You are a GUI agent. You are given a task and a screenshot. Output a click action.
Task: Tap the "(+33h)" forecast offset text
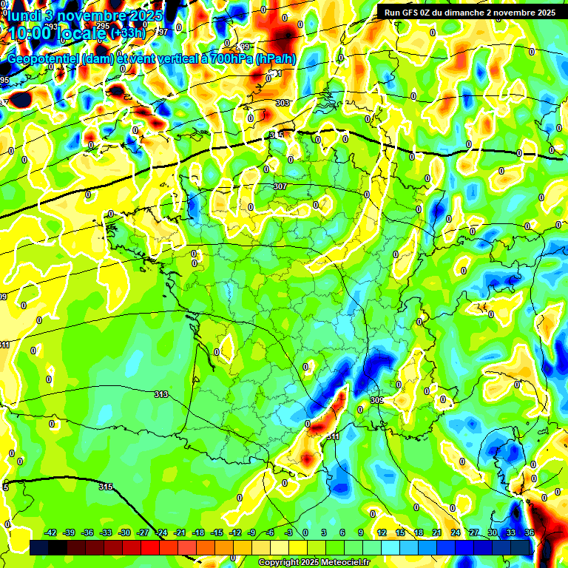click(128, 33)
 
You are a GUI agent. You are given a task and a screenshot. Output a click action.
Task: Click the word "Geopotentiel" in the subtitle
click(44, 59)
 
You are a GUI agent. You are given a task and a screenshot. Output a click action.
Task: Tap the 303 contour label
click(282, 103)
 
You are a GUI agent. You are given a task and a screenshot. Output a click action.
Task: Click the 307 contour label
click(280, 186)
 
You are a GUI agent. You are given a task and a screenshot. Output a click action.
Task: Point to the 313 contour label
click(161, 394)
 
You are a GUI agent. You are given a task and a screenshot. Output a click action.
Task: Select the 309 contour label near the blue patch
click(376, 400)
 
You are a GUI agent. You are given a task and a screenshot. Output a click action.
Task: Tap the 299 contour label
click(245, 46)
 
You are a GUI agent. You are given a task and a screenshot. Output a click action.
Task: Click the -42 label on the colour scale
click(51, 532)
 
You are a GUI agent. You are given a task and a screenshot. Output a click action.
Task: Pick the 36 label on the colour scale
click(529, 532)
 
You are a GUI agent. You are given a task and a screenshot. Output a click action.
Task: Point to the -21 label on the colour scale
click(180, 532)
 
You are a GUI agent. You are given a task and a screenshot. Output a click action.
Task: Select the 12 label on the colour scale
click(382, 532)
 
